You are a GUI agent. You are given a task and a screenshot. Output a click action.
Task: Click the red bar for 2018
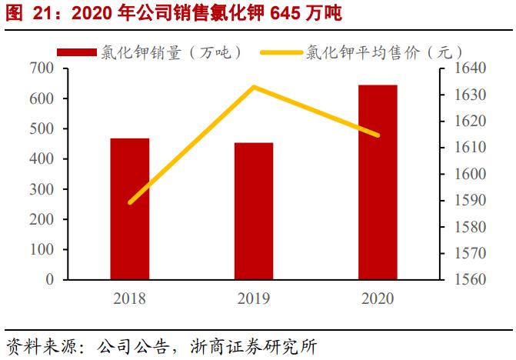pos(129,208)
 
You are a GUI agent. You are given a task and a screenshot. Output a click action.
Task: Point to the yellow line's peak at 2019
pos(254,87)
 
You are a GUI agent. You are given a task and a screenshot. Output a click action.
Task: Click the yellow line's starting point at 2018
pos(130,202)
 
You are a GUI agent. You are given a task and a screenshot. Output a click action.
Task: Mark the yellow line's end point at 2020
pos(378,135)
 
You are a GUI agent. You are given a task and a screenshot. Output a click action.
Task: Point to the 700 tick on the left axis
pos(45,68)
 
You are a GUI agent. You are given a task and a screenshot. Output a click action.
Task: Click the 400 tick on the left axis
pos(45,159)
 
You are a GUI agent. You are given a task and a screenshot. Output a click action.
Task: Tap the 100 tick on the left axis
pos(45,250)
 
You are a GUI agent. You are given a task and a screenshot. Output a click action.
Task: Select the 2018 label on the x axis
pos(129,298)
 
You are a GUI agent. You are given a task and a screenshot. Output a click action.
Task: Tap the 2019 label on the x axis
pos(254,298)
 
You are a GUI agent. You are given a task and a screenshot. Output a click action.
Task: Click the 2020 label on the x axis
pos(378,298)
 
